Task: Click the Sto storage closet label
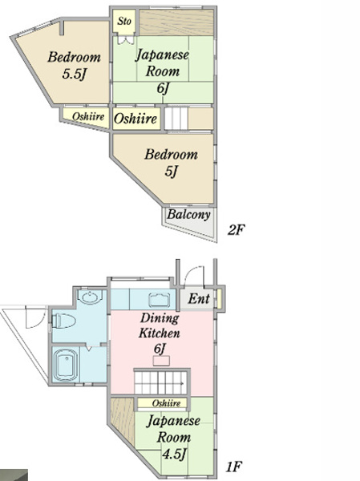[124, 21]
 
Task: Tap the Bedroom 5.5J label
[74, 66]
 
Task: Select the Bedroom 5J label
[171, 163]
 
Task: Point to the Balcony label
[188, 214]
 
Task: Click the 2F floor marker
[236, 229]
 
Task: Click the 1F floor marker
[234, 467]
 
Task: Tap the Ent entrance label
[199, 298]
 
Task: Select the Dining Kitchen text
[160, 325]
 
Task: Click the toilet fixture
[63, 321]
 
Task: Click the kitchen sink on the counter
[159, 300]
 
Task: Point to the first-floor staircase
[161, 382]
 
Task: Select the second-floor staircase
[176, 119]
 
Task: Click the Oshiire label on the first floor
[166, 402]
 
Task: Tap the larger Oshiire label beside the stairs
[136, 119]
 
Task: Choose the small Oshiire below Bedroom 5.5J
[88, 116]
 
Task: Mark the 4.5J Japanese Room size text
[174, 454]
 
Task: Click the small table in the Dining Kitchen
[161, 361]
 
